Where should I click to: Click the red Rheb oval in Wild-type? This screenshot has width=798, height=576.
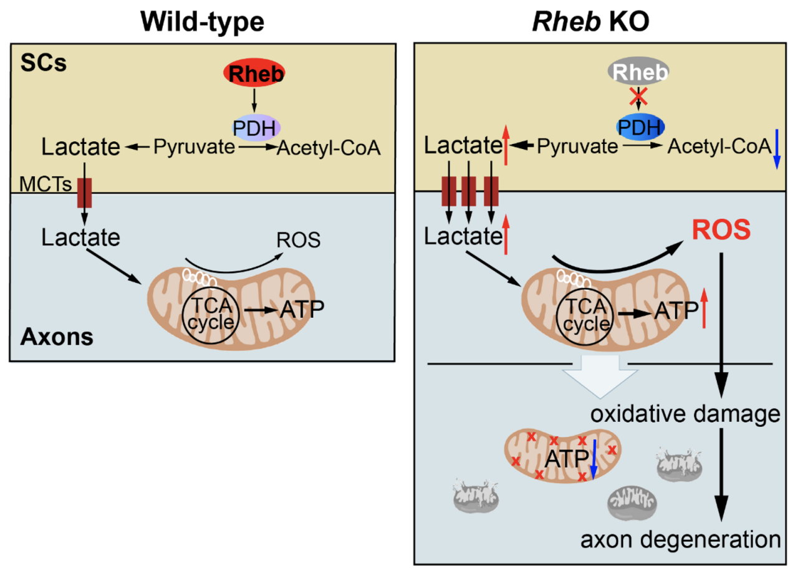pyautogui.click(x=254, y=73)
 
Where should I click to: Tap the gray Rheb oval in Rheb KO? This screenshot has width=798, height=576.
pyautogui.click(x=638, y=71)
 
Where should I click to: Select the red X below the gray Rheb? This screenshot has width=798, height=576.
pyautogui.click(x=638, y=97)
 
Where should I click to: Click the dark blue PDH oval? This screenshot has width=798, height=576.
pyautogui.click(x=640, y=127)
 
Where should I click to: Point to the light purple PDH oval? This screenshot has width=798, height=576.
pyautogui.click(x=256, y=128)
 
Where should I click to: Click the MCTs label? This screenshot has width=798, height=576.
pyautogui.click(x=46, y=184)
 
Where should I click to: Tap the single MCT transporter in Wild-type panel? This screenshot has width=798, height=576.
pyautogui.click(x=85, y=193)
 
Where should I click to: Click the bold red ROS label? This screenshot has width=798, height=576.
pyautogui.click(x=721, y=230)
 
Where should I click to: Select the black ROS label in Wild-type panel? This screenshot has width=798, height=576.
pyautogui.click(x=298, y=240)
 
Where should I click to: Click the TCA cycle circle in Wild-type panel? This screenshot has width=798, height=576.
pyautogui.click(x=210, y=315)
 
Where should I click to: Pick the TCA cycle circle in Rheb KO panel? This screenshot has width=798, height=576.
pyautogui.click(x=585, y=316)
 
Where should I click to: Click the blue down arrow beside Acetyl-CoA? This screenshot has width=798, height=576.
pyautogui.click(x=777, y=149)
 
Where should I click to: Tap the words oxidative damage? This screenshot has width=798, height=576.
pyautogui.click(x=685, y=414)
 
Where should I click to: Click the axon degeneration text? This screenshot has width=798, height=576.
pyautogui.click(x=680, y=540)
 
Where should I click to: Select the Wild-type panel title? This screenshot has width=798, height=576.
pyautogui.click(x=203, y=22)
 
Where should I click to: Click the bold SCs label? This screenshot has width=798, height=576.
pyautogui.click(x=44, y=63)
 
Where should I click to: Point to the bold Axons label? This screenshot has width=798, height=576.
pyautogui.click(x=57, y=337)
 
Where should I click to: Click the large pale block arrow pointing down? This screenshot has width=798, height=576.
pyautogui.click(x=600, y=377)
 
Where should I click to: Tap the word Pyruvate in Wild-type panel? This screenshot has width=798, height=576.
pyautogui.click(x=194, y=146)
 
